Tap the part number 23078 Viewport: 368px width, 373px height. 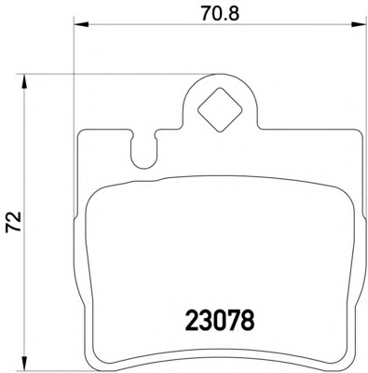pyautogui.click(x=220, y=319)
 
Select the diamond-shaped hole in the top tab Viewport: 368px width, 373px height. pyautogui.click(x=220, y=109)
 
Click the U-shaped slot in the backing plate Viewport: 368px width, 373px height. pyautogui.click(x=143, y=151)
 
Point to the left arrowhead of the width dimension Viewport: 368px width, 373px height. pyautogui.click(x=81, y=24)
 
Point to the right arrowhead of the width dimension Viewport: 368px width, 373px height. pyautogui.click(x=359, y=24)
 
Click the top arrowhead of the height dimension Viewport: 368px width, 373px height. pyautogui.click(x=24, y=82)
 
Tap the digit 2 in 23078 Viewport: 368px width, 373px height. pyautogui.click(x=192, y=319)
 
